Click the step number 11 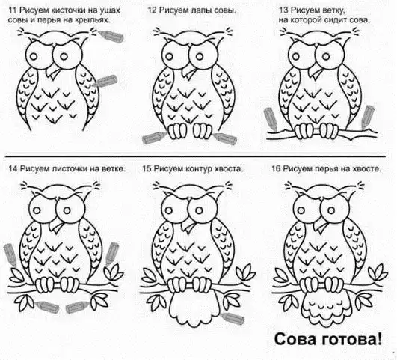click(x=13, y=10)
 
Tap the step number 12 click(x=153, y=10)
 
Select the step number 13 click(x=283, y=10)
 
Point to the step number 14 click(x=13, y=168)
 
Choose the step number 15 click(x=147, y=168)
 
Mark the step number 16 click(x=276, y=168)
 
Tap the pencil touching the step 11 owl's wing click(x=105, y=81)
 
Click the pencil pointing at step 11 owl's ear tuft click(x=111, y=36)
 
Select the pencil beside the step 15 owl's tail click(x=233, y=318)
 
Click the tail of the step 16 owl click(x=326, y=309)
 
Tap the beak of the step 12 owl click(x=189, y=71)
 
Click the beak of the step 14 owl click(x=56, y=225)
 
